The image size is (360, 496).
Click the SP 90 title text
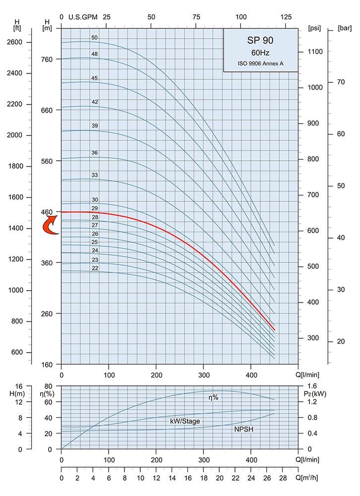coord(260,41)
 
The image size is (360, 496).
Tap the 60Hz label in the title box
coord(260,53)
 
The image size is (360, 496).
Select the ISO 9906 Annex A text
coord(260,63)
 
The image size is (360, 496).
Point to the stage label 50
coord(94,38)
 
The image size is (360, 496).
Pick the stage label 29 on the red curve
coord(94,208)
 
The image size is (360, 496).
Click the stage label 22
coord(94,268)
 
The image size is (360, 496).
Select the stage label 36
coord(94,153)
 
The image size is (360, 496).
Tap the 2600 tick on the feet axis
coord(21,42)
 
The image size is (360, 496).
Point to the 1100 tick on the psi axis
coord(315,52)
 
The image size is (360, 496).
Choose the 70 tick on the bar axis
coord(341,82)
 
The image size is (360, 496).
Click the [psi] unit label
coord(314,28)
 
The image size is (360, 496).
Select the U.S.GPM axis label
coord(82,17)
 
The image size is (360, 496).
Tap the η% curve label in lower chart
coord(213,397)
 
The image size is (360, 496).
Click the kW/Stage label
coord(185,421)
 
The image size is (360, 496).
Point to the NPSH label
coord(243,429)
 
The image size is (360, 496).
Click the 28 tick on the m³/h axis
coord(283,479)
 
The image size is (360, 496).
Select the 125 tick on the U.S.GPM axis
coord(286,17)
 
